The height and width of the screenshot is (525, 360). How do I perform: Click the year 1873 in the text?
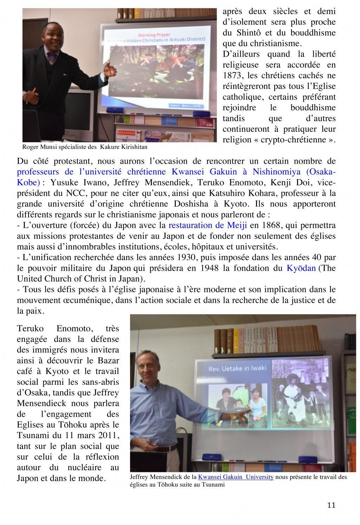[232, 75]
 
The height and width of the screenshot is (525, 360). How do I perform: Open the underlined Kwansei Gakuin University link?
[236, 477]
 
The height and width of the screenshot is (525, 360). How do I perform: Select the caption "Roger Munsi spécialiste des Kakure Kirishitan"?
[85, 147]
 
